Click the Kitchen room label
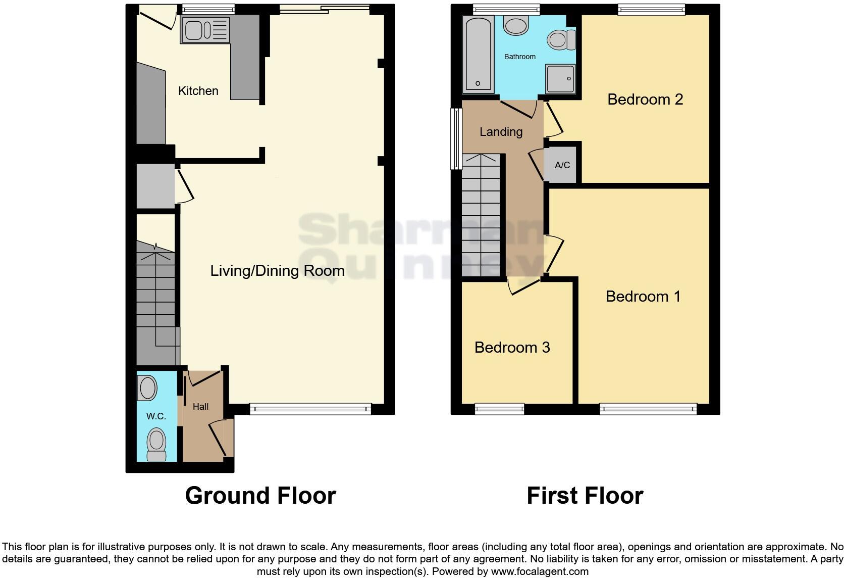[198, 91]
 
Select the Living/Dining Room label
[277, 271]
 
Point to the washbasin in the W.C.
[147, 389]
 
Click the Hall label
[200, 407]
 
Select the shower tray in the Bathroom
[560, 79]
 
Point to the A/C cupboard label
[562, 165]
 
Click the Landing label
[501, 132]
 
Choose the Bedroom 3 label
[512, 348]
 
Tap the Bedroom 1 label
[643, 297]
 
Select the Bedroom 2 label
[645, 100]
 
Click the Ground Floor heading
[260, 496]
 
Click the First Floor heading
[585, 496]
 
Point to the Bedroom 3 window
[499, 409]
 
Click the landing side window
[456, 138]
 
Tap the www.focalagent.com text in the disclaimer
[540, 572]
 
